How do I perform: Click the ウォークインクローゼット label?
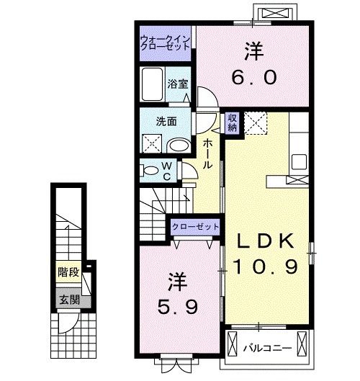(x=165, y=41)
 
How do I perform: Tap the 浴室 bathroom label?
(x=178, y=83)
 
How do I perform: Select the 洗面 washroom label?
(x=167, y=121)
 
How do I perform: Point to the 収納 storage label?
(x=233, y=122)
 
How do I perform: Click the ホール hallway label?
(x=207, y=153)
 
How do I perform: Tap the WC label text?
(x=166, y=170)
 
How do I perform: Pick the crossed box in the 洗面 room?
(x=153, y=144)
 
